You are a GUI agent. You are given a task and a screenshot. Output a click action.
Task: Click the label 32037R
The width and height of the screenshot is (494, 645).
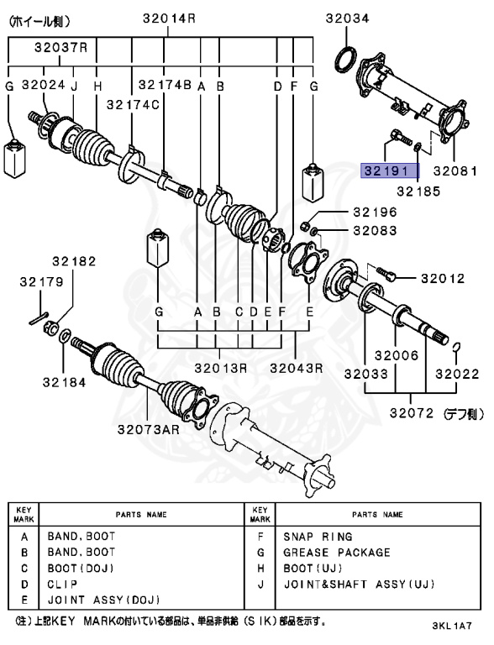[60, 48]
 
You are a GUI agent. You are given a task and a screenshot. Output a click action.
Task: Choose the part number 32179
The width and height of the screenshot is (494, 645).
[35, 283]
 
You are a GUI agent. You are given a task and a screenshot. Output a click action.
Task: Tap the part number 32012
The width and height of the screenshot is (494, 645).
[442, 277]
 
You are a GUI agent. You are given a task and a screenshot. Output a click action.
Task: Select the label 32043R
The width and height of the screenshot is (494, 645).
[297, 367]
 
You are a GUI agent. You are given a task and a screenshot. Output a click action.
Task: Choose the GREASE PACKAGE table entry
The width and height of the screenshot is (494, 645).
[336, 552]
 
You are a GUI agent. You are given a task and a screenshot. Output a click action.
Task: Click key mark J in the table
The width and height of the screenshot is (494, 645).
[261, 584]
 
